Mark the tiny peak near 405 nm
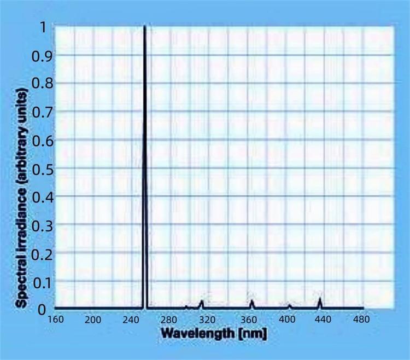click(289, 305)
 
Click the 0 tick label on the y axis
click(42, 309)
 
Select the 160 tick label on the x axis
click(56, 319)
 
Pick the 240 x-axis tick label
click(132, 319)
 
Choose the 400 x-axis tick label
click(287, 319)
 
